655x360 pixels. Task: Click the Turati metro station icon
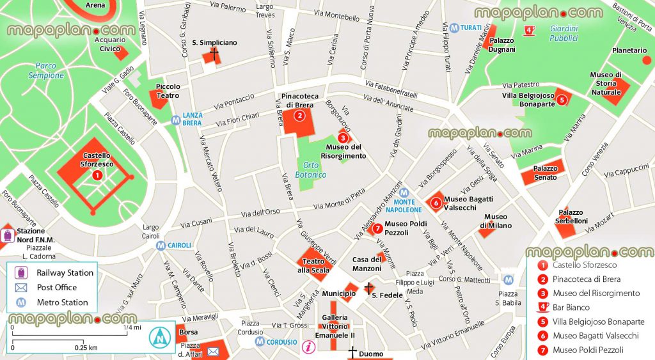click(454, 28)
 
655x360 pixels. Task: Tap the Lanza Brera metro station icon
click(175, 119)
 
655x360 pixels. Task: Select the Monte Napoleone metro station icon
click(404, 192)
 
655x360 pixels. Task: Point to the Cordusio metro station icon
click(260, 342)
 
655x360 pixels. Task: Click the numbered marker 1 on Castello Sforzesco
click(97, 175)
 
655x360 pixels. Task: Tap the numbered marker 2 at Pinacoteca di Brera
click(299, 116)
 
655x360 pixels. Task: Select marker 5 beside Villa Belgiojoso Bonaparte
click(561, 99)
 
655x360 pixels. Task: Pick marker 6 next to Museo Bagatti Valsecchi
click(436, 203)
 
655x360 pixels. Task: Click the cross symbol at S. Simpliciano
click(214, 54)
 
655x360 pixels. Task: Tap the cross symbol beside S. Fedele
click(368, 288)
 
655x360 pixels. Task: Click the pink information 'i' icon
click(309, 347)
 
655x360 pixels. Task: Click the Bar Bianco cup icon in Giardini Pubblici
click(530, 29)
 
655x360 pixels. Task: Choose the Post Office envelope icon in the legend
click(22, 288)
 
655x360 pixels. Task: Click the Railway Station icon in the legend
click(22, 273)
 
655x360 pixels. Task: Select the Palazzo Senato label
click(546, 173)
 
